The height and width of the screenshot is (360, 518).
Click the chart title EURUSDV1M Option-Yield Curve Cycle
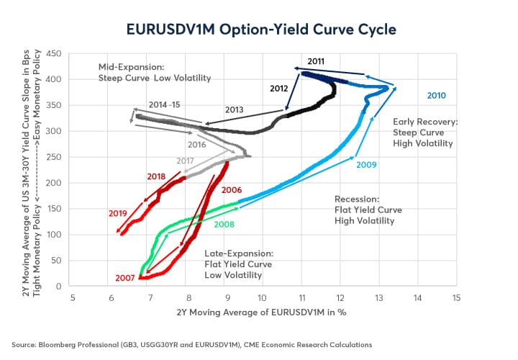[x=259, y=30]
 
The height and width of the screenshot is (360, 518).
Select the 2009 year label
[x=366, y=165]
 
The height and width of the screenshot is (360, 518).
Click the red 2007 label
[x=126, y=277]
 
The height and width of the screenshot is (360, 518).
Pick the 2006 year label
[x=231, y=190]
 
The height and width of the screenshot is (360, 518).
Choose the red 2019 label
[x=118, y=213]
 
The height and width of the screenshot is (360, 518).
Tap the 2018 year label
[x=155, y=176]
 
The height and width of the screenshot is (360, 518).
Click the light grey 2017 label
[x=186, y=161]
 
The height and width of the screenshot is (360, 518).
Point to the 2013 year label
[x=235, y=110]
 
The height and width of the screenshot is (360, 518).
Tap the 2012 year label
[x=280, y=89]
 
